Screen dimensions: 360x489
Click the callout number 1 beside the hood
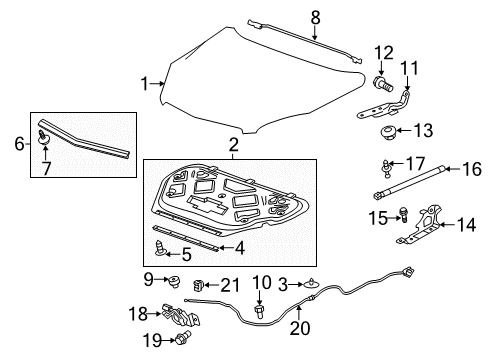pyautogui.click(x=146, y=82)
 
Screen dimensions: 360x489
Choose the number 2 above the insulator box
pyautogui.click(x=233, y=147)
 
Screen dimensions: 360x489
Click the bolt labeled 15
pyautogui.click(x=405, y=213)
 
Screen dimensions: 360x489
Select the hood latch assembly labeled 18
pyautogui.click(x=179, y=317)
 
